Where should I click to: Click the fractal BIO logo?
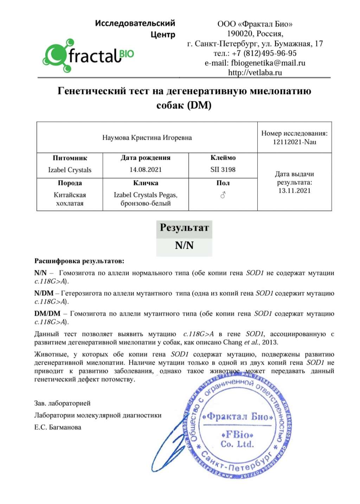point(88,56)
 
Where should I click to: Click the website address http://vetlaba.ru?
point(255,73)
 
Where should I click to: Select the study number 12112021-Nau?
point(294,142)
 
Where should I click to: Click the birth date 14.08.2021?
point(146,170)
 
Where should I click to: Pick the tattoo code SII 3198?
point(223,170)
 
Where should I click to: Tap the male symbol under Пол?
point(223,195)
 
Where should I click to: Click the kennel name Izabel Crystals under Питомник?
point(70,170)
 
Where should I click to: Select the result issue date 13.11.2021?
point(294,191)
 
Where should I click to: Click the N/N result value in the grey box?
point(184,245)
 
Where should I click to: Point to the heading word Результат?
point(184,228)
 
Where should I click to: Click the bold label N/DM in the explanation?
point(44,293)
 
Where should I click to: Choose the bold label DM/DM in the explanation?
point(47,314)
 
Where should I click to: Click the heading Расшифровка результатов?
point(79,261)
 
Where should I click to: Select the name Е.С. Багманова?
point(58,427)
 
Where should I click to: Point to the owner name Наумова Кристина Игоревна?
point(147,138)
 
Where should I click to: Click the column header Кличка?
point(146,183)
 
